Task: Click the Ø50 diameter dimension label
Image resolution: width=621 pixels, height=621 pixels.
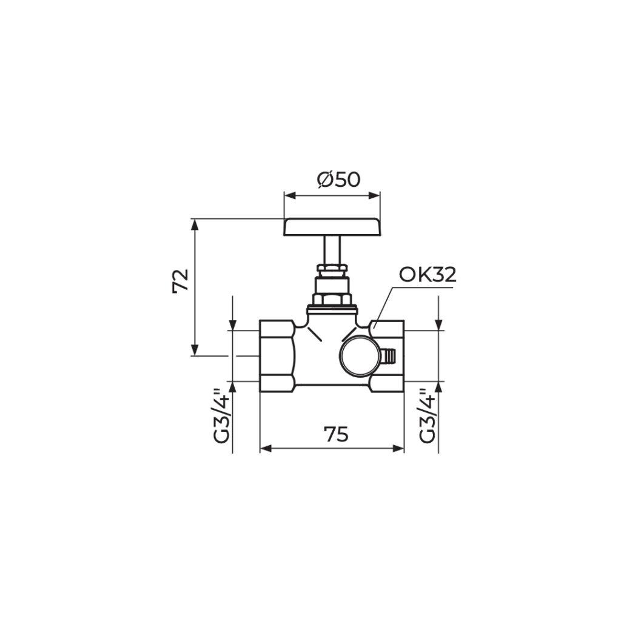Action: (x=338, y=180)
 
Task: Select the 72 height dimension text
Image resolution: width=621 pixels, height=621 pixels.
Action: (x=181, y=281)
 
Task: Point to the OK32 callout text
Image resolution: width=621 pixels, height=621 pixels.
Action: (x=428, y=275)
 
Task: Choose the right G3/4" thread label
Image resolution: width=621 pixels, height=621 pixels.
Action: (x=428, y=416)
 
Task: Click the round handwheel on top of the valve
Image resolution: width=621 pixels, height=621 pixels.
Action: (x=332, y=227)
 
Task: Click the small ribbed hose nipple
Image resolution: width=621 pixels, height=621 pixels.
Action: (x=389, y=355)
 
